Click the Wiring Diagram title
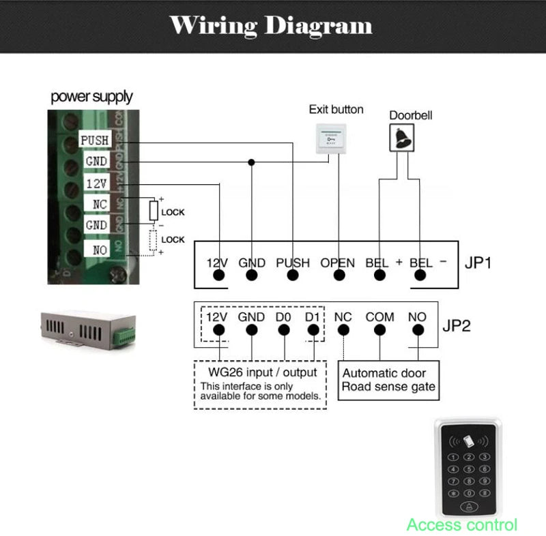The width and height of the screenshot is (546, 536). click(x=271, y=26)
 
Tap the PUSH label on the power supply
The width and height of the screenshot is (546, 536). click(x=95, y=140)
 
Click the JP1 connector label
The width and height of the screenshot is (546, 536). click(x=477, y=263)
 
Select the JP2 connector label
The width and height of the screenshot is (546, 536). click(x=457, y=325)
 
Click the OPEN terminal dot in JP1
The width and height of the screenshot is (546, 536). click(x=338, y=276)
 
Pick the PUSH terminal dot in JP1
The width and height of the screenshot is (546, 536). click(x=293, y=276)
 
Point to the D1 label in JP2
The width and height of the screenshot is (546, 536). click(x=313, y=317)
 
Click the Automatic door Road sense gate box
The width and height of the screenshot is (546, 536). click(x=388, y=380)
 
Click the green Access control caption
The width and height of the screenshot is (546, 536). click(x=461, y=524)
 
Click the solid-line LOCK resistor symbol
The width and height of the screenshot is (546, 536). click(x=154, y=211)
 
